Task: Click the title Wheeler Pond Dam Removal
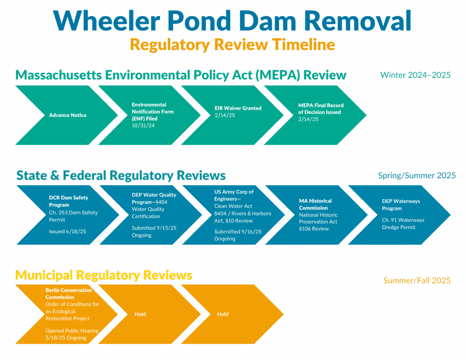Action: pos(232,21)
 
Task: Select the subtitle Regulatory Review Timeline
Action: pos(232,45)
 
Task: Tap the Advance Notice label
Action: pos(68,115)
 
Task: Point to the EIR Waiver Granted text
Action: pos(238,108)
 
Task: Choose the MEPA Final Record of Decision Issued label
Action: pos(321,109)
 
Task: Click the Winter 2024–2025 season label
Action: pos(415,75)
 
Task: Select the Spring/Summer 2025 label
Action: pos(416,176)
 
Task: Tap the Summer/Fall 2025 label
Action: pos(416,280)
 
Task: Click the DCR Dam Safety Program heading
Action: pos(69,201)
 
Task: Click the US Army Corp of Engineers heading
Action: pos(234,195)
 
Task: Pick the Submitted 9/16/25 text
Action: pos(238,232)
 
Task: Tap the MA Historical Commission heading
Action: pos(315,204)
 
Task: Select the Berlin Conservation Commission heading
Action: pos(69,294)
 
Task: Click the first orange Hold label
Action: pos(140,314)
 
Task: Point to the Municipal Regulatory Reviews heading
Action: pos(104,275)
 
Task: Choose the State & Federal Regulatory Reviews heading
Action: pos(121,175)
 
